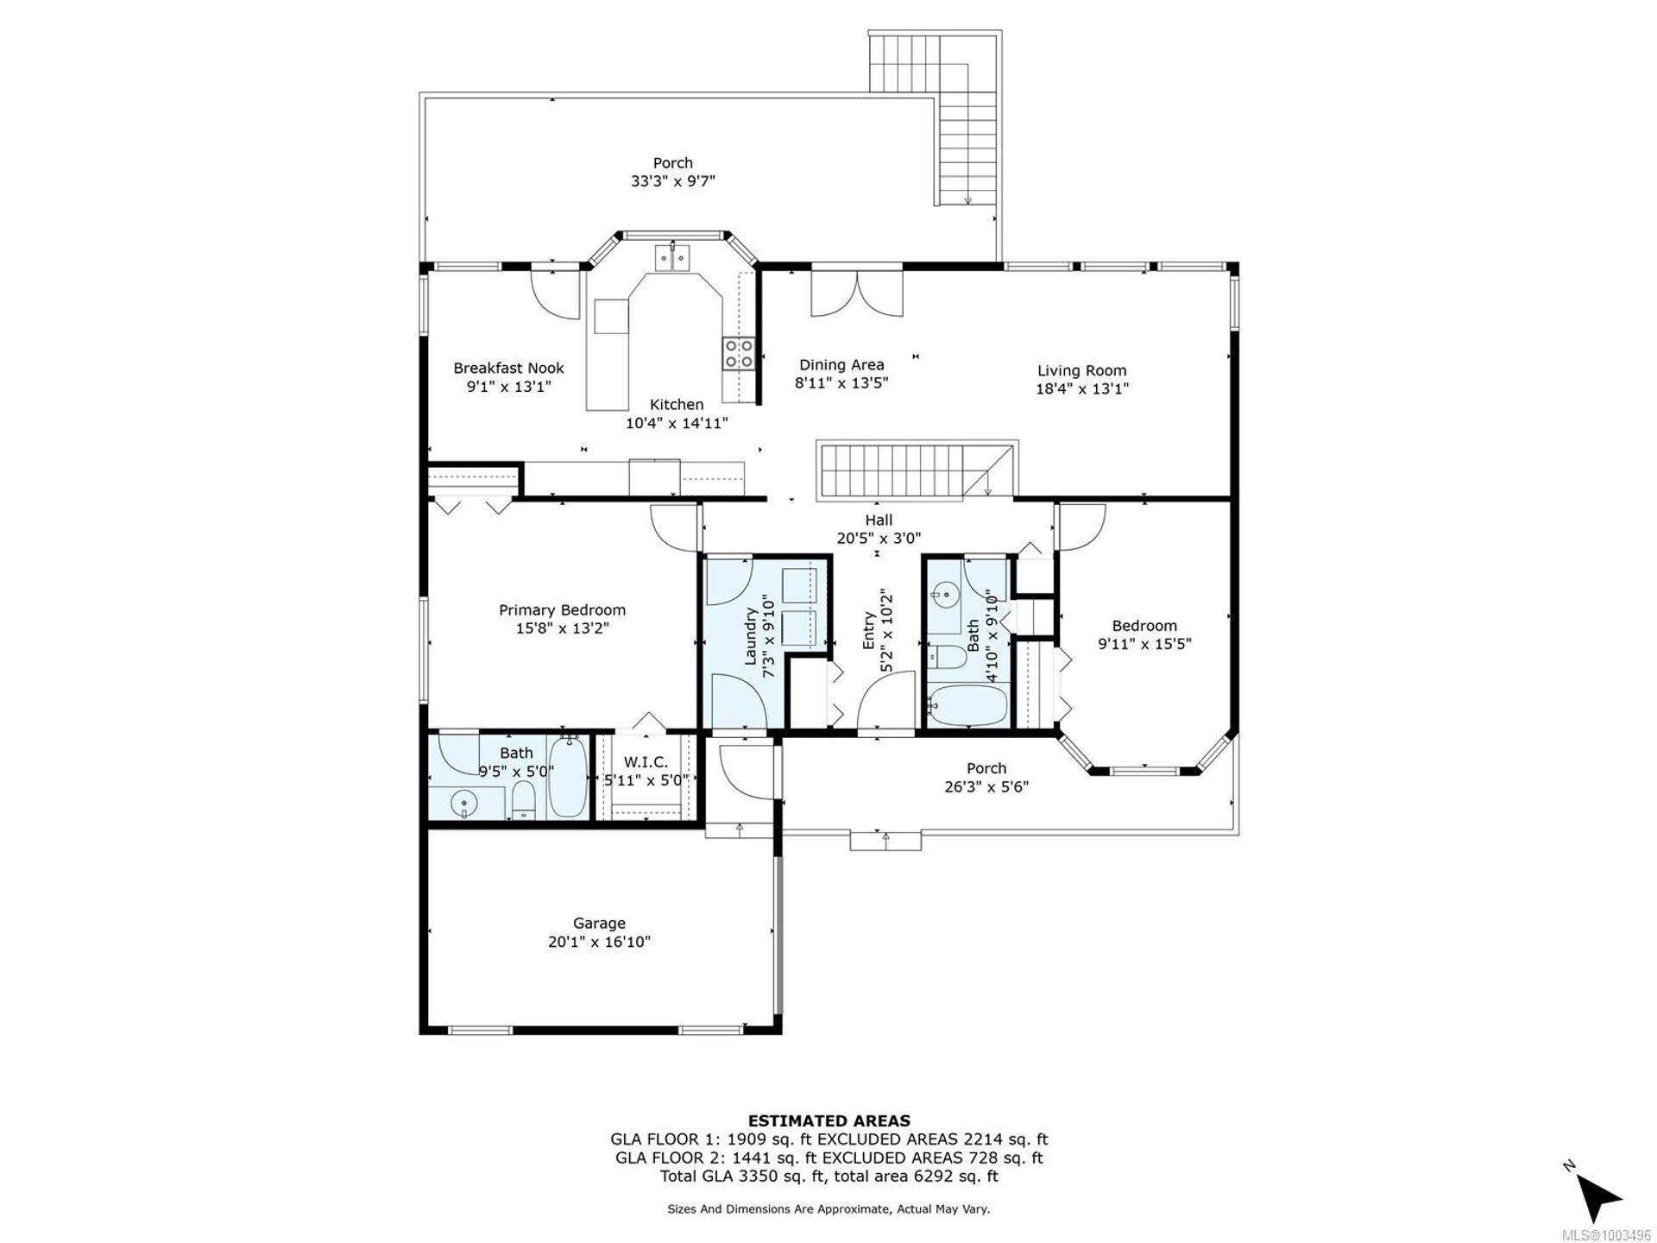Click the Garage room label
pyautogui.click(x=599, y=924)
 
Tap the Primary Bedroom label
pyautogui.click(x=562, y=610)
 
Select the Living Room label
pyautogui.click(x=1082, y=371)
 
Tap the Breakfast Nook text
pyautogui.click(x=509, y=369)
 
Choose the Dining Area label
pyautogui.click(x=841, y=365)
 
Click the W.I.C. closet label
pyautogui.click(x=646, y=762)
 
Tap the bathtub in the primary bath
pyautogui.click(x=569, y=778)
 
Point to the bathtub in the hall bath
pyautogui.click(x=967, y=707)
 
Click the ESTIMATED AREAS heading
pyautogui.click(x=828, y=1121)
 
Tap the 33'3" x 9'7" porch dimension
pyautogui.click(x=672, y=181)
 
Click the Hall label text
pyautogui.click(x=879, y=520)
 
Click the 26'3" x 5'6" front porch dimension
pyautogui.click(x=986, y=786)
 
